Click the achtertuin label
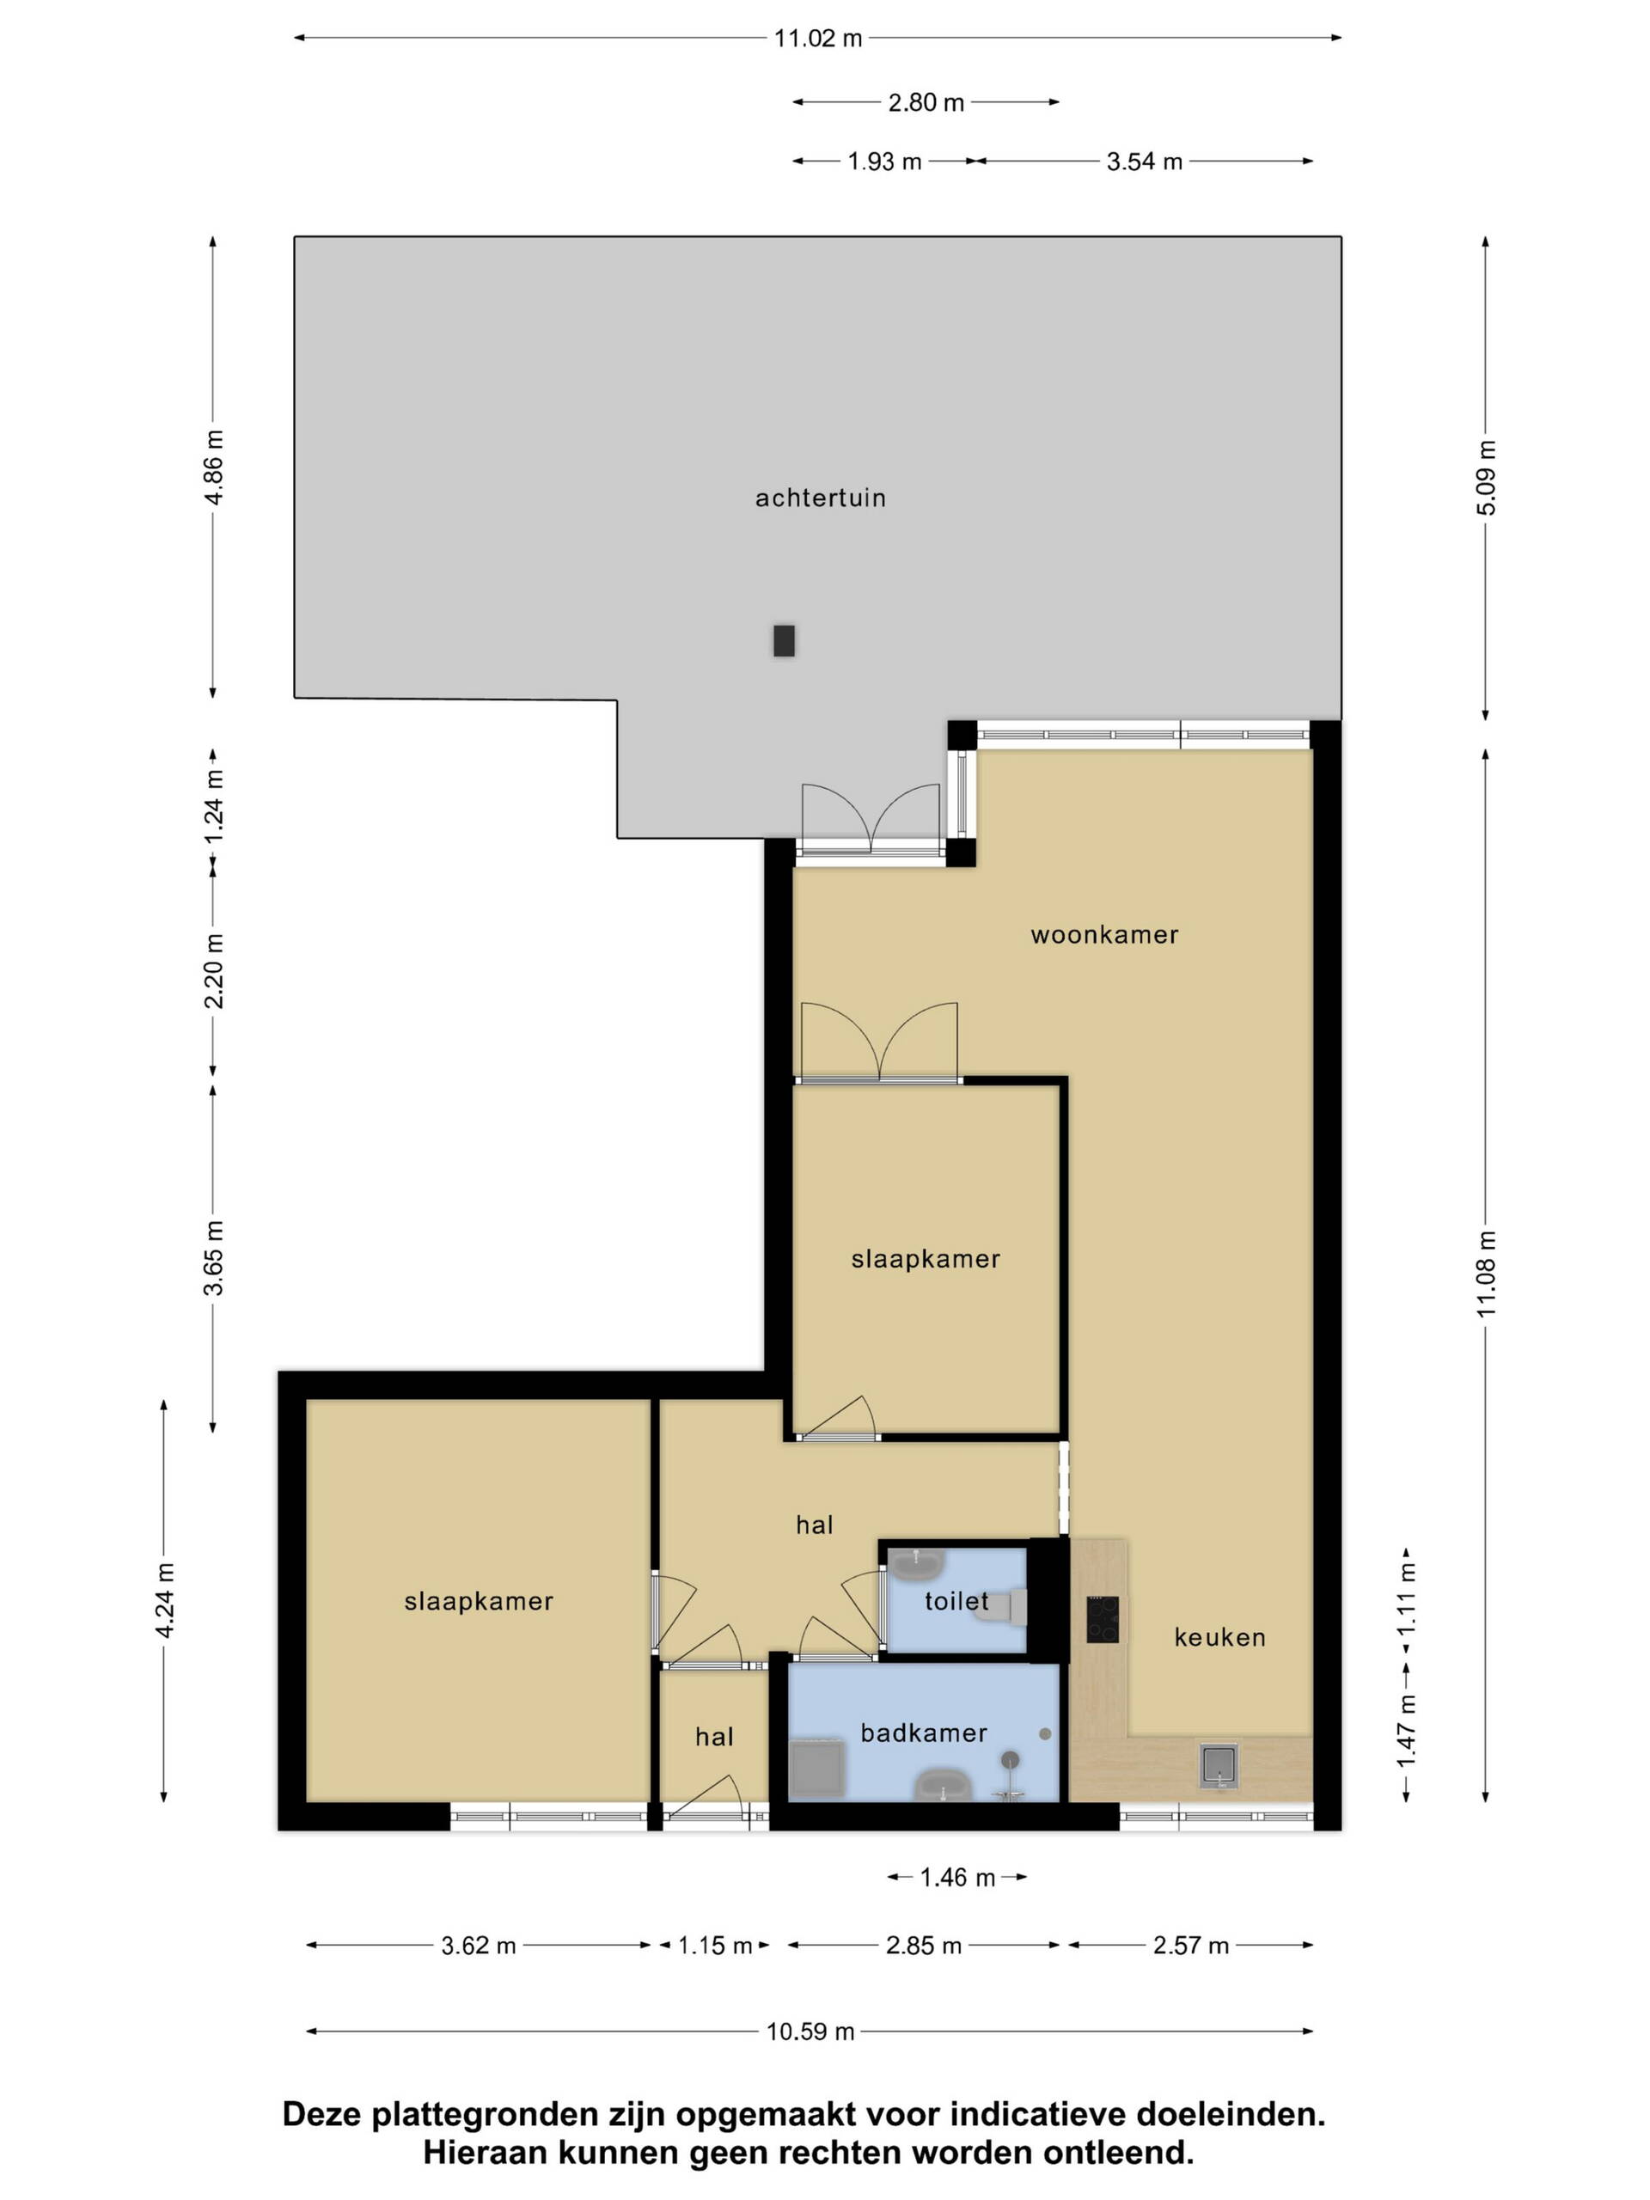(x=820, y=498)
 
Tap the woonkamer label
(x=1104, y=934)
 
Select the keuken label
(x=1219, y=1637)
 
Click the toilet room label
(x=956, y=1601)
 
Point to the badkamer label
(x=923, y=1732)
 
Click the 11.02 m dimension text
(x=817, y=39)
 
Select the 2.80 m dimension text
(x=925, y=102)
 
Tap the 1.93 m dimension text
(x=884, y=161)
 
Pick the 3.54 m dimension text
(x=1144, y=161)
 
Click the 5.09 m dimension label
(x=1486, y=478)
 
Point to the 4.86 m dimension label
(x=214, y=467)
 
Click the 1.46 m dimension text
(x=956, y=1878)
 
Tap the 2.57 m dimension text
(x=1190, y=1946)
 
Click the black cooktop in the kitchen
(x=1102, y=1619)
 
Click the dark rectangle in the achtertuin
(x=784, y=640)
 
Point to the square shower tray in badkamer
(x=816, y=1768)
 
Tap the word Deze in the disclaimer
(x=322, y=2114)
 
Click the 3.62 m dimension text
(x=479, y=1946)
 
